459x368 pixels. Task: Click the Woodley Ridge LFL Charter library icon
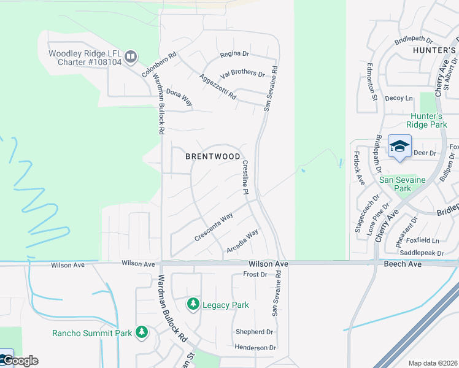[x=130, y=58]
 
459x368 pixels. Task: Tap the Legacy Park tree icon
[x=193, y=304]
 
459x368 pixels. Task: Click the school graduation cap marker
[x=399, y=147]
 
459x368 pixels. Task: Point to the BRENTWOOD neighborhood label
[x=213, y=156]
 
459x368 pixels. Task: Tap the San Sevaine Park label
[x=403, y=184]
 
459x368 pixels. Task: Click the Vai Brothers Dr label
[x=242, y=73]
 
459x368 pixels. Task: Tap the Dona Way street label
[x=179, y=97]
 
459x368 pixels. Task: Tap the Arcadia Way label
[x=242, y=237]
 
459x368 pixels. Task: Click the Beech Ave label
[x=403, y=264]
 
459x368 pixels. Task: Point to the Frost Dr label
[x=255, y=274]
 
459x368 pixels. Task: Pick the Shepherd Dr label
[x=254, y=332]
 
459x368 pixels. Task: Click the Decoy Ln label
[x=399, y=98]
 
